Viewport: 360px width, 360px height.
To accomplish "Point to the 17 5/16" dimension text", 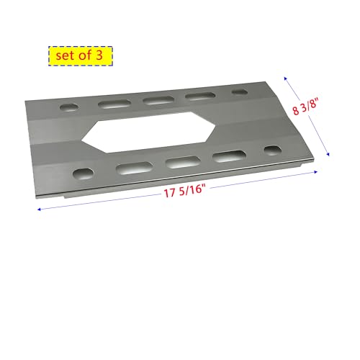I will point(183,190).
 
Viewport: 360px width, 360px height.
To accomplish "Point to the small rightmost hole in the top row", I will point(238,93).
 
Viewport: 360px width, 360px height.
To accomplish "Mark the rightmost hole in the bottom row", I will point(273,150).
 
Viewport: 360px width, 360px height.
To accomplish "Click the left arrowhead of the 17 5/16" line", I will point(38,210).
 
